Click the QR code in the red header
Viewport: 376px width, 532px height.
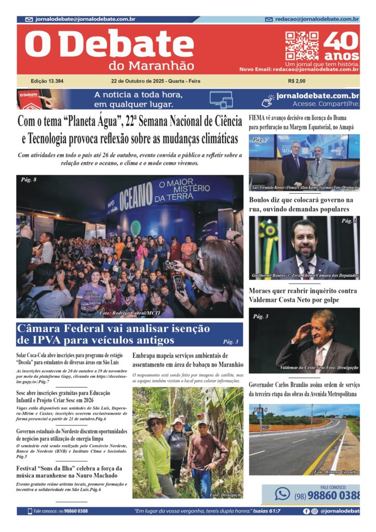[302, 46]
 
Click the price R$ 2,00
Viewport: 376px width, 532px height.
[297, 81]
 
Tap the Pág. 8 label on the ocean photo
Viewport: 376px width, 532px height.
[29, 180]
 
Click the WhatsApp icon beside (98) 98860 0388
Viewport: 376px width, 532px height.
[282, 494]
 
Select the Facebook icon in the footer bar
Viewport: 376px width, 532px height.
[306, 511]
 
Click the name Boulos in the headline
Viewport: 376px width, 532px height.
[263, 200]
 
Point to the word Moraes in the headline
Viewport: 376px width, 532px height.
[263, 291]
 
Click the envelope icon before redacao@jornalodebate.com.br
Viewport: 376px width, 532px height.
[269, 19]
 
